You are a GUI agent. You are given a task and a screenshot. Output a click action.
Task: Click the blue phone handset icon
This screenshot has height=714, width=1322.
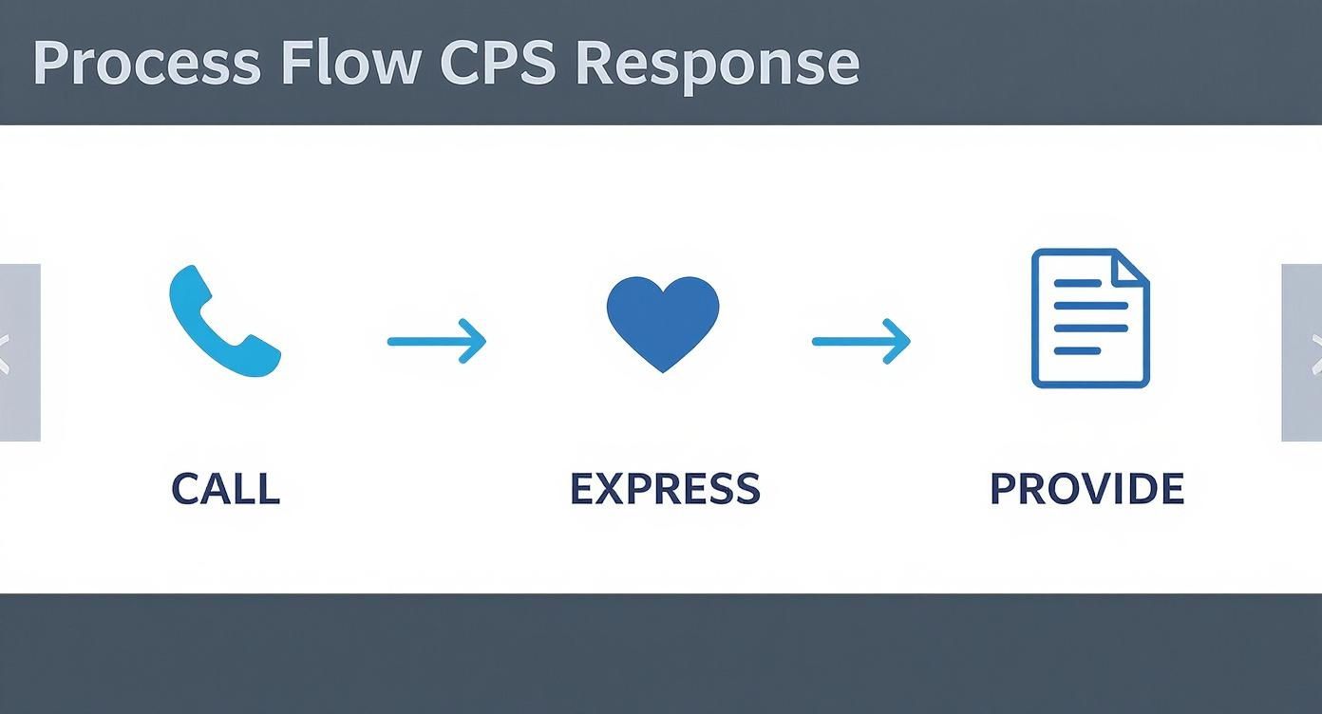(224, 321)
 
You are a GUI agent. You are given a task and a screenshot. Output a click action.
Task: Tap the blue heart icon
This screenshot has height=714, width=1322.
(663, 321)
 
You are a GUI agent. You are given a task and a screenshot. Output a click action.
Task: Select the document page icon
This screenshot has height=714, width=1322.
(1089, 318)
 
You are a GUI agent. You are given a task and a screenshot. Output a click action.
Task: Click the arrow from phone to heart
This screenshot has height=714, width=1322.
(436, 341)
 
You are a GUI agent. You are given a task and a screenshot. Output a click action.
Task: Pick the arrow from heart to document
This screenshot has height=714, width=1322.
(860, 341)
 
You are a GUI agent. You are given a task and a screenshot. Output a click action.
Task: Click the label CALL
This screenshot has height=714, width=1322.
(225, 489)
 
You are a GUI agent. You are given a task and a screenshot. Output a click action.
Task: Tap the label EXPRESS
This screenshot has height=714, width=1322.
(665, 489)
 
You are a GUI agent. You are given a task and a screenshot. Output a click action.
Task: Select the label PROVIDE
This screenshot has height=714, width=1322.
(1086, 489)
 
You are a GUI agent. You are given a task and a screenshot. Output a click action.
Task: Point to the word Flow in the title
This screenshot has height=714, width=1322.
(350, 64)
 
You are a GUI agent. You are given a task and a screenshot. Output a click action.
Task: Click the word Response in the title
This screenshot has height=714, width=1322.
(717, 64)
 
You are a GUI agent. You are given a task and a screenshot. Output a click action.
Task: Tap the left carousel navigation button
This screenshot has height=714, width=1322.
(19, 352)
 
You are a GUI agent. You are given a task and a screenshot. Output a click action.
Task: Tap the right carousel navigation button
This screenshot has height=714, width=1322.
(1302, 352)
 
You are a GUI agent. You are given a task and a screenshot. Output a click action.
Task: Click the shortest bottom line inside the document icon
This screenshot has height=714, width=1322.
(1077, 350)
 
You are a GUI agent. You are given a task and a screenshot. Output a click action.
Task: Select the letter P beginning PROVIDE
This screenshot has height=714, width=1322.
(1004, 489)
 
